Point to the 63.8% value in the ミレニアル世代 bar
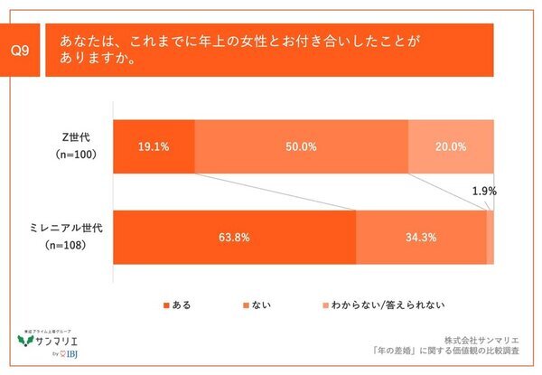click(234, 238)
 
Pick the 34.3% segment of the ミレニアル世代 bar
click(422, 238)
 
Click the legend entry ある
click(177, 305)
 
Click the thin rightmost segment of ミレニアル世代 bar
click(491, 238)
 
